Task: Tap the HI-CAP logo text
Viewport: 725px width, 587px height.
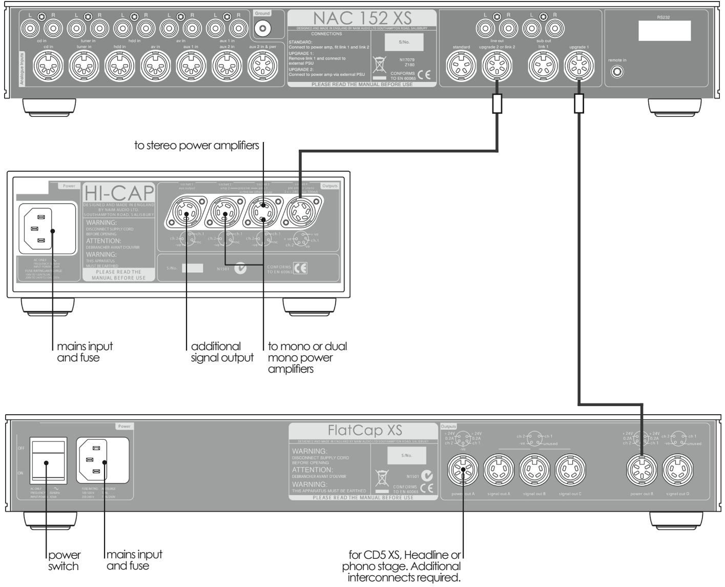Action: click(118, 194)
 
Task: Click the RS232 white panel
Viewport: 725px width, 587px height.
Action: click(665, 32)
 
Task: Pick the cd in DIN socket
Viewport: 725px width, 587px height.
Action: click(49, 67)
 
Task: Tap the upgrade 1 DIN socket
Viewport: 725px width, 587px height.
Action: click(579, 67)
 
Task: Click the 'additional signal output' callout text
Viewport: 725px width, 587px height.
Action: click(221, 352)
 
